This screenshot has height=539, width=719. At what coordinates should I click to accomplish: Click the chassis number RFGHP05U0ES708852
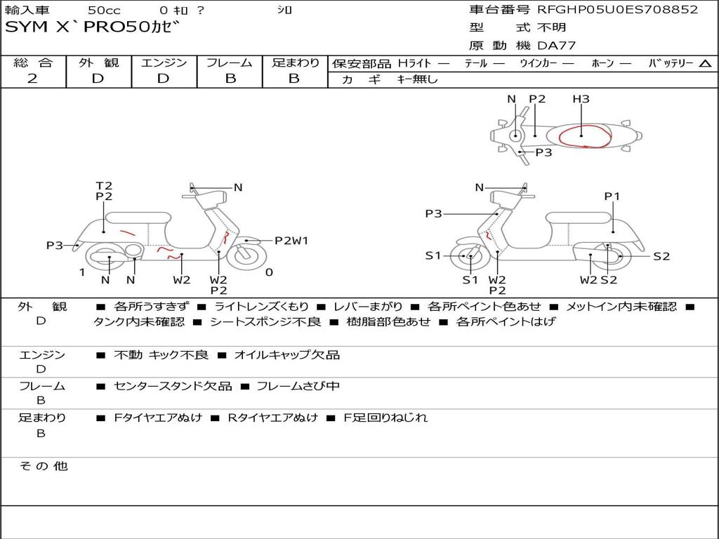[x=618, y=10]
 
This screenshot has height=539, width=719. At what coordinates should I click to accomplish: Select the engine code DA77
[x=558, y=46]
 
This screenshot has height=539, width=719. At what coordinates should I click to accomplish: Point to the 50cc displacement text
[x=103, y=11]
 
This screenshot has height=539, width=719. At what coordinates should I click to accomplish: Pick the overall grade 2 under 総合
[x=32, y=79]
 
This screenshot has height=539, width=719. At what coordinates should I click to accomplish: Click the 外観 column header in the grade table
[x=98, y=62]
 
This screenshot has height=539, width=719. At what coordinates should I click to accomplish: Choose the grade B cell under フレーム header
[x=230, y=79]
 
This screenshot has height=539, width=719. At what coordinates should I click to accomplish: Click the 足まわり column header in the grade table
[x=295, y=62]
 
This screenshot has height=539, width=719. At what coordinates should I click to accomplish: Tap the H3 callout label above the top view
[x=581, y=99]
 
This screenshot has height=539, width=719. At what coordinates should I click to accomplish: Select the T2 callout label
[x=104, y=186]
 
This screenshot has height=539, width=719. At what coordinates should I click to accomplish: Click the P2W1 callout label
[x=291, y=241]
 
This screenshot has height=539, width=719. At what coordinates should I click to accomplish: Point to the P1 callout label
[x=612, y=197]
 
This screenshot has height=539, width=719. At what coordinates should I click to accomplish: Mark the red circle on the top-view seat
[x=585, y=135]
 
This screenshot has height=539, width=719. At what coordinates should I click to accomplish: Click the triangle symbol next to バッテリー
[x=705, y=63]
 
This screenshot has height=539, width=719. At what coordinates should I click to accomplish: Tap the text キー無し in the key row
[x=417, y=79]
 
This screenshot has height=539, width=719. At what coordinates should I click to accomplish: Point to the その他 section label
[x=43, y=466]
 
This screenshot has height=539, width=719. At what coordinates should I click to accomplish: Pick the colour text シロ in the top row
[x=284, y=11]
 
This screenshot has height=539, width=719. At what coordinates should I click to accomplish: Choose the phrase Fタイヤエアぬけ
[x=158, y=418]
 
